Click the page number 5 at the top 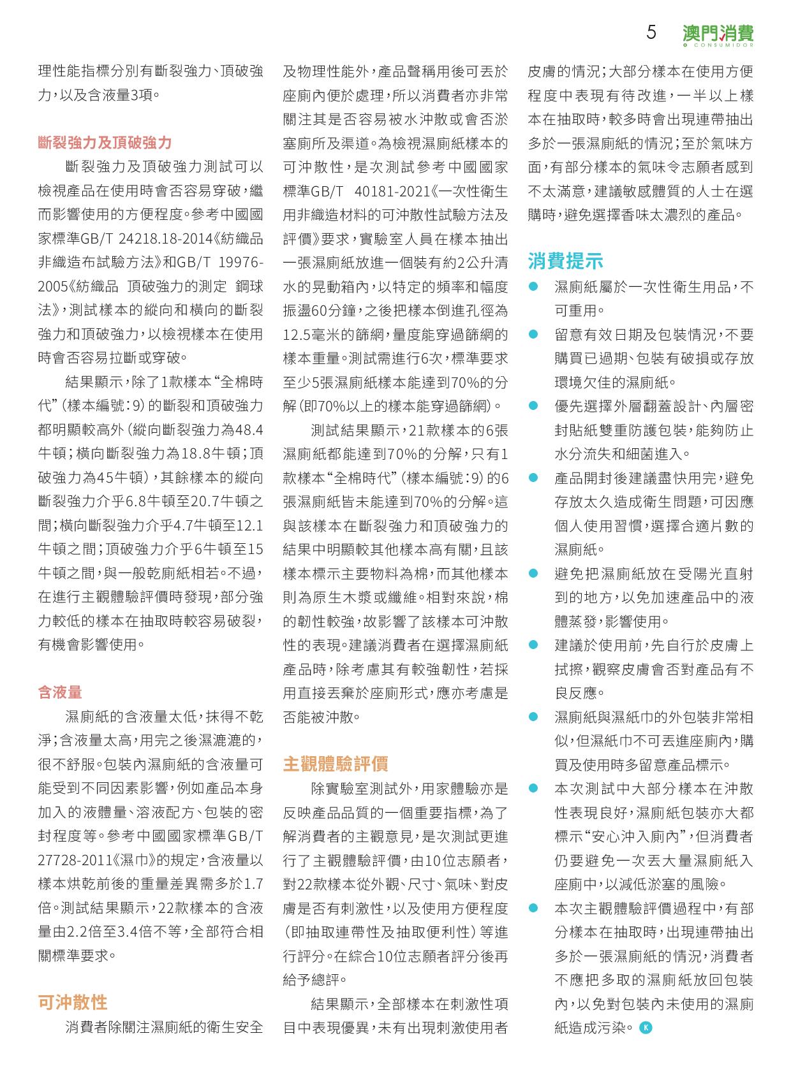tap(651, 33)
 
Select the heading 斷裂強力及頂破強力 tap(105, 143)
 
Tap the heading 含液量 tap(60, 692)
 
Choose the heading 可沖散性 tap(72, 1002)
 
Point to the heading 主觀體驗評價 tap(336, 764)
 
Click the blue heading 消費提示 tap(565, 261)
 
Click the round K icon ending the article tap(646, 1027)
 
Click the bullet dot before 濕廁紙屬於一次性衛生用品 tap(534, 287)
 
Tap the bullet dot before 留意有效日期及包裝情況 tap(534, 335)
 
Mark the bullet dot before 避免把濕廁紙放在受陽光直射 tap(534, 574)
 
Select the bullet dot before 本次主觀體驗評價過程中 tap(534, 908)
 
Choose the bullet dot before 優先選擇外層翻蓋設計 tap(534, 406)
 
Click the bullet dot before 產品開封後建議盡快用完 tap(534, 478)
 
